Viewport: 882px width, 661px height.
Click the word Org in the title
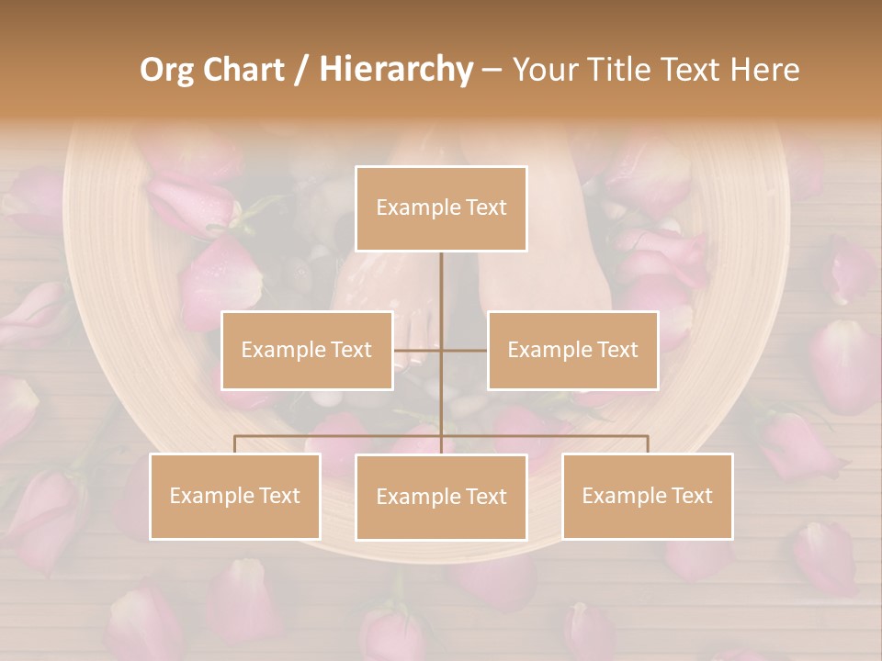pos(167,70)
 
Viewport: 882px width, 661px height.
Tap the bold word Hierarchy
pos(395,70)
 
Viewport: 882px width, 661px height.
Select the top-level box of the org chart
pos(441,208)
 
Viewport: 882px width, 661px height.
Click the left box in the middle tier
pos(307,350)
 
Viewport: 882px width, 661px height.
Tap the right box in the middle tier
pos(572,350)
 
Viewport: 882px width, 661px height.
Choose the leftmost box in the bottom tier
pos(235,496)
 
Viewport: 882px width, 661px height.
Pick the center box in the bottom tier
pos(441,497)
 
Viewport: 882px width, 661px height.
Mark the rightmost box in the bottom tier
pos(648,496)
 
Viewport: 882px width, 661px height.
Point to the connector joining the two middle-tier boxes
pos(441,350)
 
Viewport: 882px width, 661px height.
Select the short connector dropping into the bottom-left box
pos(235,444)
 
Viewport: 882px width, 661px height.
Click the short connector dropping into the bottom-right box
pos(648,444)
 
